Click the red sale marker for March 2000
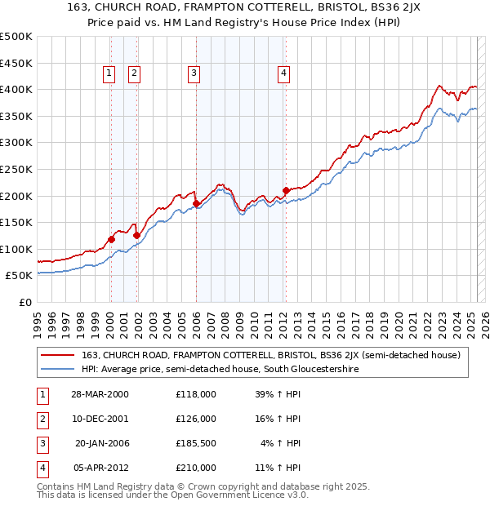(x=110, y=239)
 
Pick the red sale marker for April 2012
(x=286, y=191)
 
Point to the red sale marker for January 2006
(x=196, y=203)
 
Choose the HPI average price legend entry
(x=220, y=370)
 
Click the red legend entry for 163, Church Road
(x=271, y=355)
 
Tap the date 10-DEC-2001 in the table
(x=102, y=419)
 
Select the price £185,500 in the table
(x=195, y=443)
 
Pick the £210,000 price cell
(x=195, y=468)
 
